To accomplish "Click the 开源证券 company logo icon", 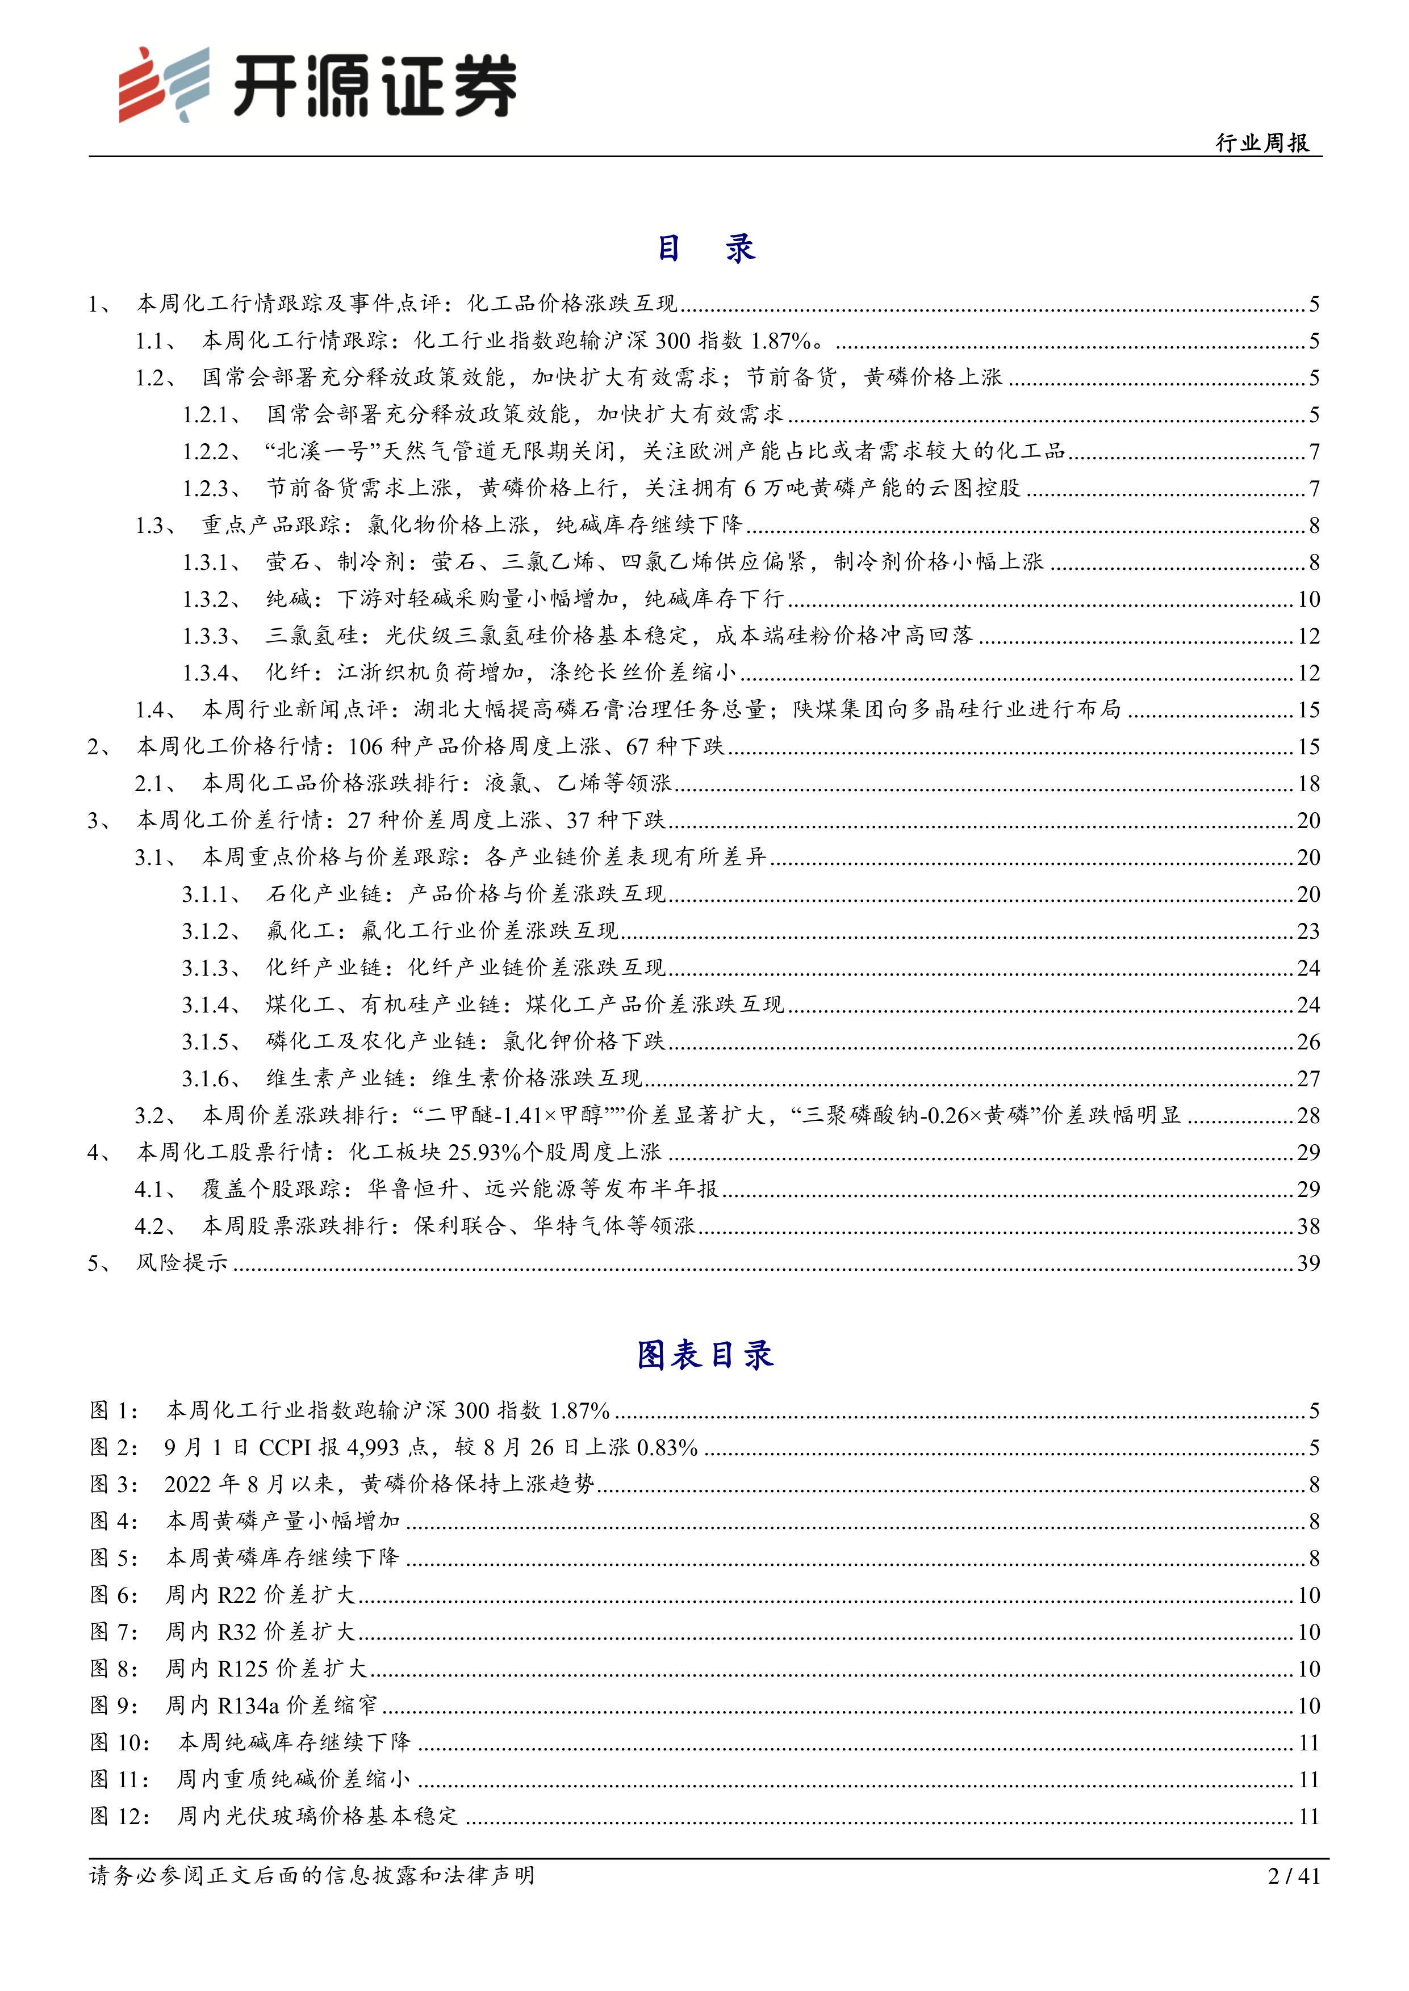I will click(x=164, y=84).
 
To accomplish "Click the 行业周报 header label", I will click(x=1262, y=143).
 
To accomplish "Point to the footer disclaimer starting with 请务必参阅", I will click(x=312, y=1876).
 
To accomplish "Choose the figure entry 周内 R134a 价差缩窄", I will click(x=271, y=1706).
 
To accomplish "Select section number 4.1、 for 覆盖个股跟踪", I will click(x=156, y=1189).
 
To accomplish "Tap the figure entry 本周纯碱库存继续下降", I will click(x=294, y=1743).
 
